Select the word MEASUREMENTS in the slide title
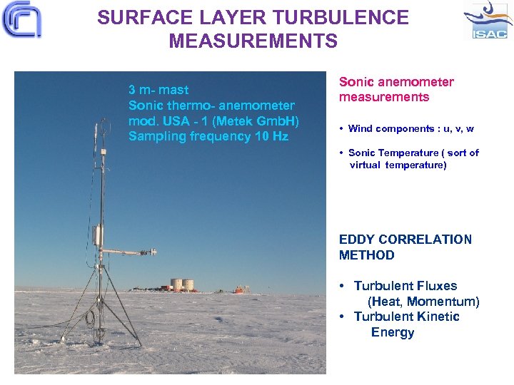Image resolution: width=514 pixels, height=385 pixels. click(253, 41)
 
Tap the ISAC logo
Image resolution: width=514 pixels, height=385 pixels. click(488, 21)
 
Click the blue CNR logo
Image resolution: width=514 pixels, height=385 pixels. click(21, 20)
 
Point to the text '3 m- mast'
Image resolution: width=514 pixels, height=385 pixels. click(158, 90)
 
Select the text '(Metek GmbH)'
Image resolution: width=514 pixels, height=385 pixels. click(263, 120)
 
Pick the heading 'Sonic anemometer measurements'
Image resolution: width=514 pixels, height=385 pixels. click(396, 89)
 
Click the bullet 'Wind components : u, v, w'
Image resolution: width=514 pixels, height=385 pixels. click(410, 129)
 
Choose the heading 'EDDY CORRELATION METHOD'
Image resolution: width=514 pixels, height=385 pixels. click(405, 247)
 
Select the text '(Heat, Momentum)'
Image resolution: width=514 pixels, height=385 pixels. click(423, 302)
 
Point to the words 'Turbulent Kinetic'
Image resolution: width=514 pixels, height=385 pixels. click(406, 317)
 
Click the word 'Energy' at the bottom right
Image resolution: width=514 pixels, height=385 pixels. click(393, 332)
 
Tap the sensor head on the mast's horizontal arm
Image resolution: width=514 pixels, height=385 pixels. click(148, 251)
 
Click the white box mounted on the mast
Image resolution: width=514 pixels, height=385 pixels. click(96, 235)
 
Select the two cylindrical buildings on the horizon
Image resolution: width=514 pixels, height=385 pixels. click(182, 284)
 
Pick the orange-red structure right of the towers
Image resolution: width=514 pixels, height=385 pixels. click(242, 289)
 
